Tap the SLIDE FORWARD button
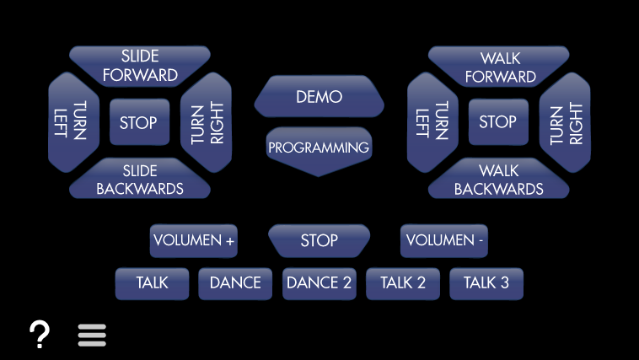140,66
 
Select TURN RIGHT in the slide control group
207,122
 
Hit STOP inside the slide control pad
139,123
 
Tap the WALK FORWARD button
500,67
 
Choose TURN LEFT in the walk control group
432,122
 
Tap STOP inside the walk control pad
498,122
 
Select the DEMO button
319,97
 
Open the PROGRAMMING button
319,148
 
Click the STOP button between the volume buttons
319,241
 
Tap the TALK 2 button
403,283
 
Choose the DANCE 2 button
319,283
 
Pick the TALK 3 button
486,283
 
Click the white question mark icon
40,336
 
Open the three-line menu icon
92,336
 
